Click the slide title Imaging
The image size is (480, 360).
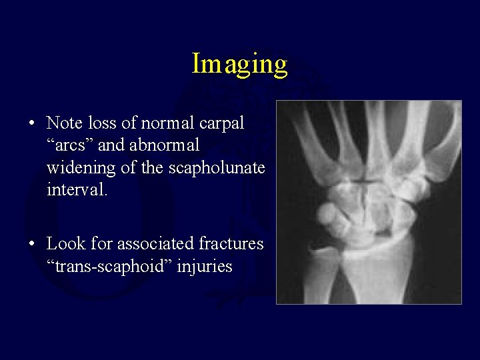tap(239, 64)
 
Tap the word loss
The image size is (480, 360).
tap(99, 123)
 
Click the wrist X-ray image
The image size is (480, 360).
tap(369, 202)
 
